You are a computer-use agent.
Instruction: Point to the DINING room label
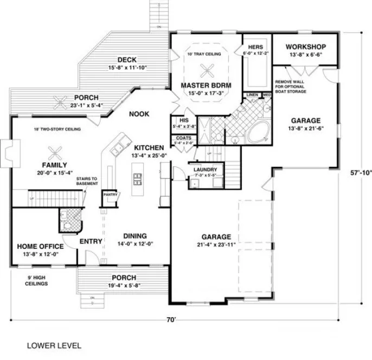(135, 236)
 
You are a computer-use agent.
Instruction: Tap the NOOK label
(139, 114)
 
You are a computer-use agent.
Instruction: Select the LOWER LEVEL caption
(54, 345)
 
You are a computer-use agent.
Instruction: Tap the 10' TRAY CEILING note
(206, 54)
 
